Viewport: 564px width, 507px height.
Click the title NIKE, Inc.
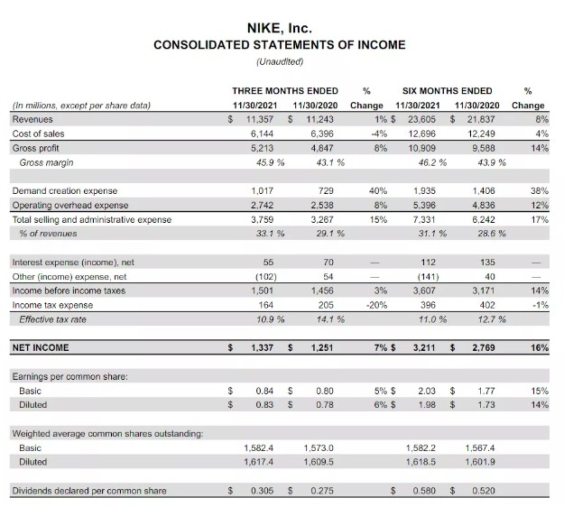(280, 28)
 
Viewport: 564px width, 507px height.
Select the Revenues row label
(32, 118)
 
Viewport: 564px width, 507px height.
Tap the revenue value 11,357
(260, 118)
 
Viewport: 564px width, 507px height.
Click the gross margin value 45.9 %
(267, 162)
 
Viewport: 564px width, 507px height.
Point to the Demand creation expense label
(65, 190)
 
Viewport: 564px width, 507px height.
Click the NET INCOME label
(41, 346)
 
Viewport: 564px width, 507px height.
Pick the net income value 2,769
(484, 346)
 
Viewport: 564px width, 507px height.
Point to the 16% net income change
(540, 346)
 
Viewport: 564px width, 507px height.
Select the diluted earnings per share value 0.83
(264, 405)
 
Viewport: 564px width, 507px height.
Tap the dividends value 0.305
(262, 491)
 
